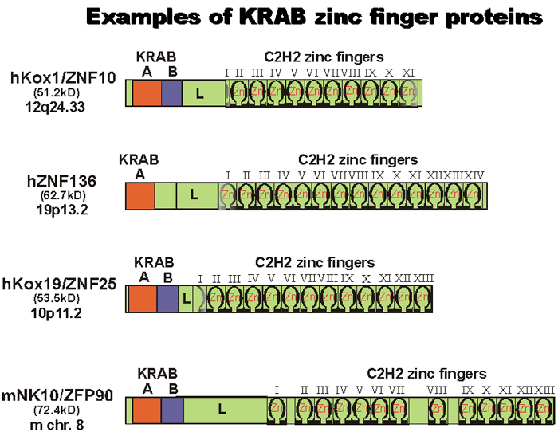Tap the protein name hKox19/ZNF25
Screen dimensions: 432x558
[x=60, y=284]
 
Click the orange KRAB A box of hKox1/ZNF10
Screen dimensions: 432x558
[x=147, y=94]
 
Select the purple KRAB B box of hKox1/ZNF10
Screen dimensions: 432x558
[x=172, y=94]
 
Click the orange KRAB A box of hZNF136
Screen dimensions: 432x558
[x=139, y=196]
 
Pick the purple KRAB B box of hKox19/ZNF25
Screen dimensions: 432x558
[x=167, y=300]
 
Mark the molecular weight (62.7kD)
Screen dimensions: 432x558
[x=61, y=194]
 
